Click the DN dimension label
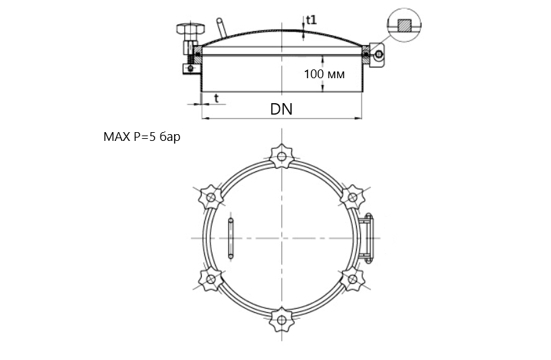[281, 109]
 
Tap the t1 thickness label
[312, 20]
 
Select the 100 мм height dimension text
[324, 74]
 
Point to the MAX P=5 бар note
[142, 137]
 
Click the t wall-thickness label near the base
[216, 98]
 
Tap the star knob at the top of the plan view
[281, 156]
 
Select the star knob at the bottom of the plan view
[281, 320]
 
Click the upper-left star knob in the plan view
[211, 197]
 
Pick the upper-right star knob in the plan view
[353, 197]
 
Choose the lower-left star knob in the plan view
[211, 279]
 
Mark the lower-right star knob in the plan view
[353, 279]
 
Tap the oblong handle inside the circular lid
[231, 238]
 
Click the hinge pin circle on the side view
[379, 55]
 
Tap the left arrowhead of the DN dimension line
[204, 119]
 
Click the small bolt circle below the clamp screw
[190, 68]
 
